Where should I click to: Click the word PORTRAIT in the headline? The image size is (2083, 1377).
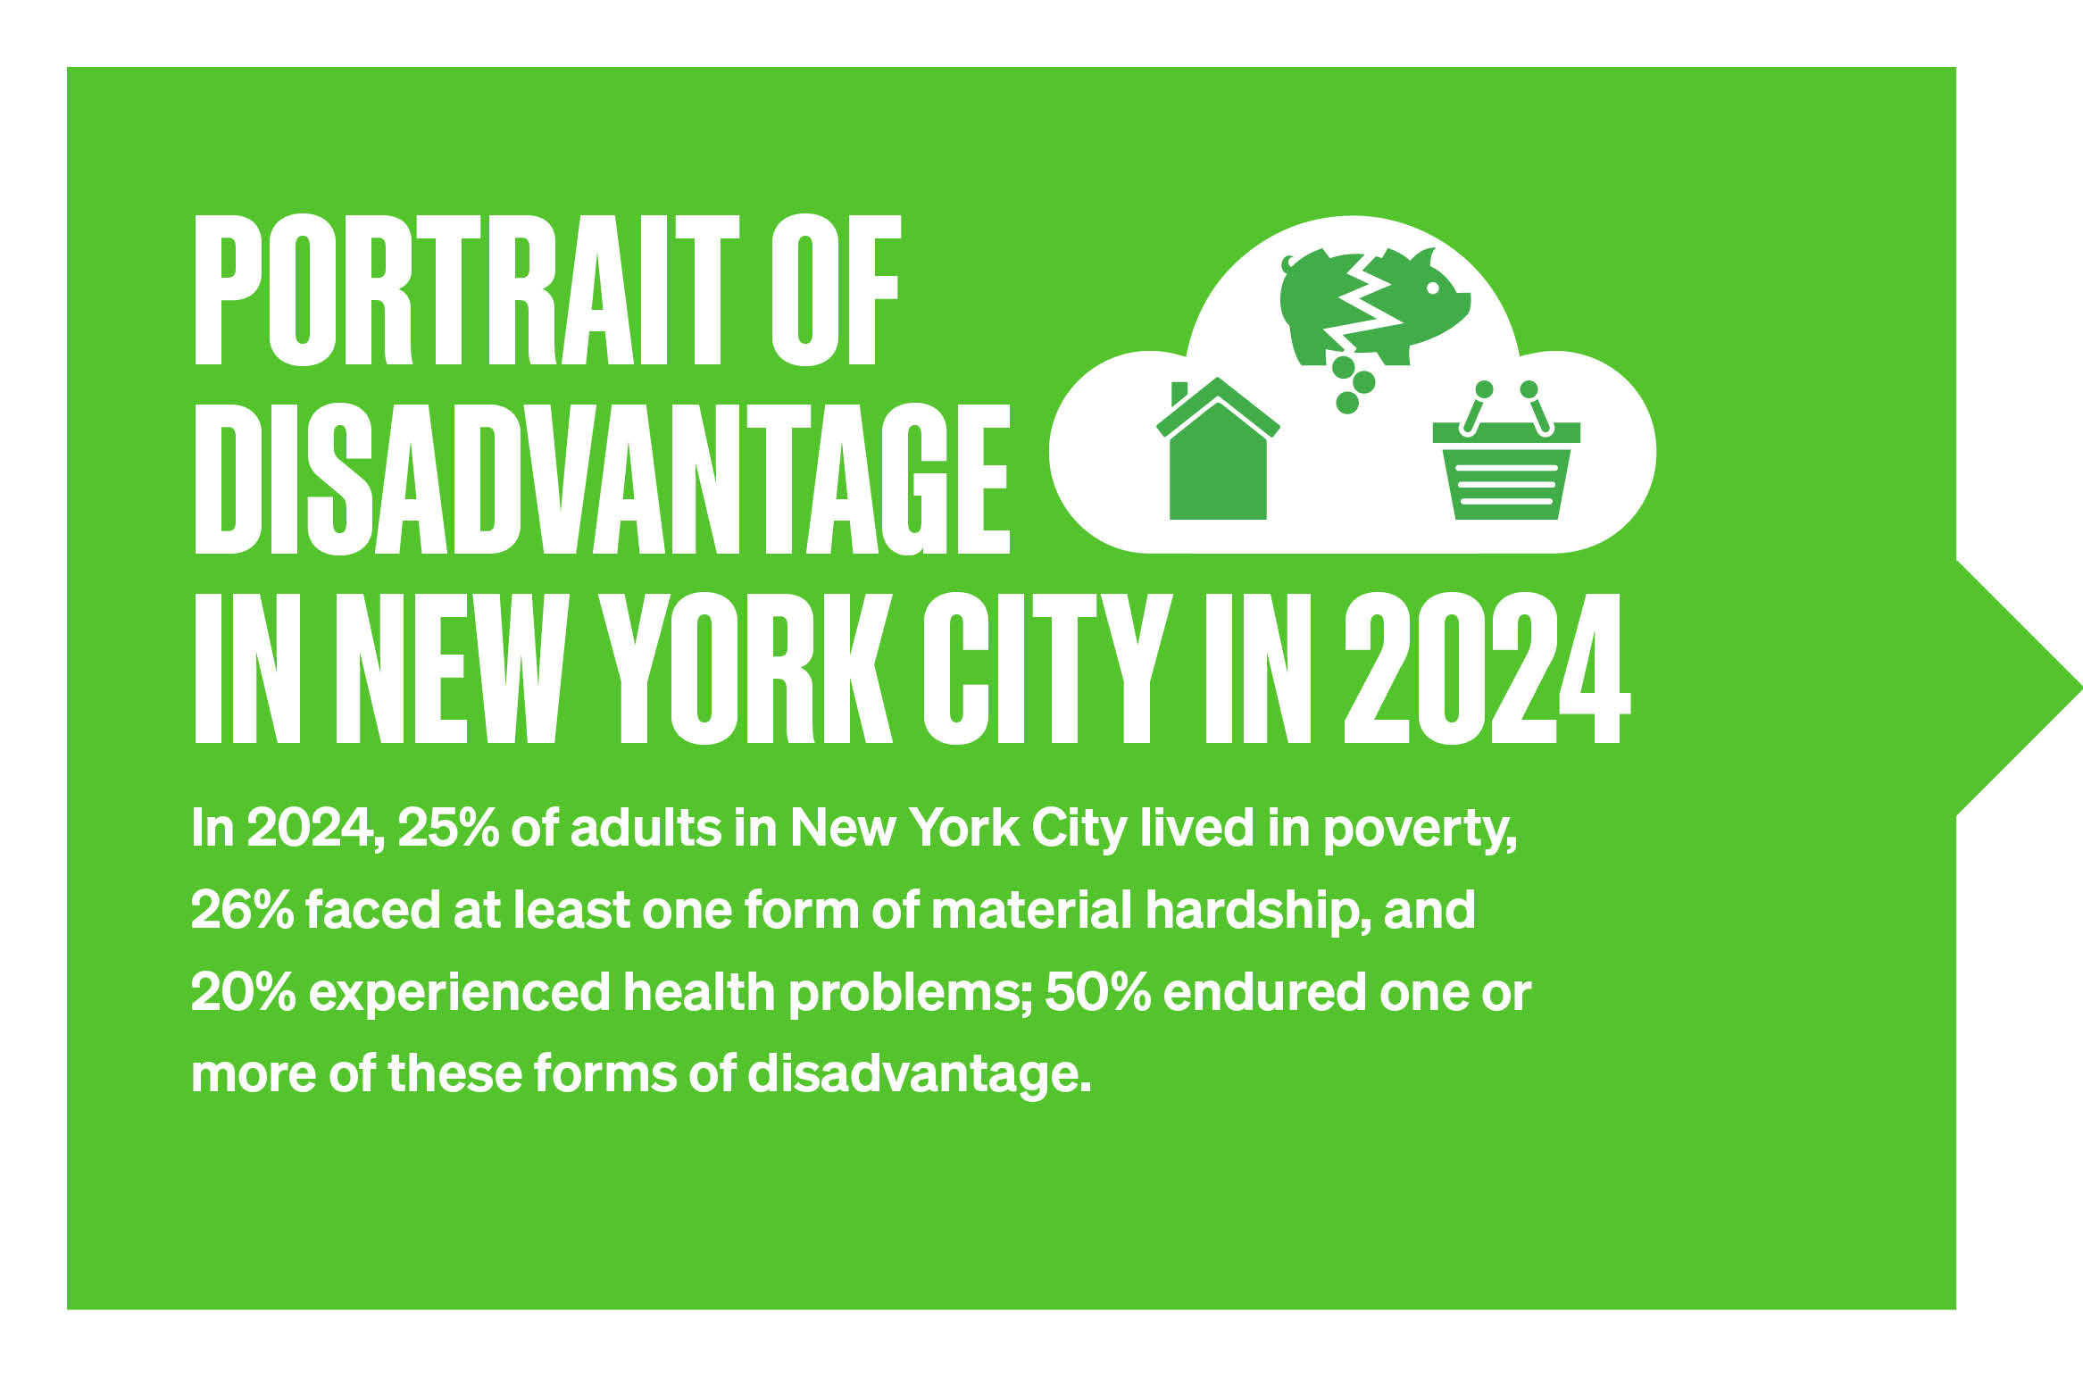tap(467, 290)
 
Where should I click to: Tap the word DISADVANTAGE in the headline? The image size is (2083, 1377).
tap(603, 479)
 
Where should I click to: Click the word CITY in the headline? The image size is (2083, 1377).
tap(1048, 667)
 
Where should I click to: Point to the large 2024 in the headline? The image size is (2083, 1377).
tap(1487, 667)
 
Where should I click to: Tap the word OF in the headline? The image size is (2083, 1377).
tap(837, 290)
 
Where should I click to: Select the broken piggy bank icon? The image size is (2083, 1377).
tap(1374, 305)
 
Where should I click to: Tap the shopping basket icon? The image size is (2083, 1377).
tap(1506, 451)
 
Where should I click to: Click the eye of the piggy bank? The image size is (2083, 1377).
tap(1432, 288)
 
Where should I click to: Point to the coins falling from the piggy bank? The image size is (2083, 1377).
tap(1352, 385)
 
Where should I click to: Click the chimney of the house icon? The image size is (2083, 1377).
tap(1179, 394)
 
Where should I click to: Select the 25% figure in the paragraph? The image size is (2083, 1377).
tap(447, 829)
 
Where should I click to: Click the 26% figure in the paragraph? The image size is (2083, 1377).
tap(242, 910)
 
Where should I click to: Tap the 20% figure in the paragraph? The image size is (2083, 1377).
tap(243, 992)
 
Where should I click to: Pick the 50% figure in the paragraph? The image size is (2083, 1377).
tap(1097, 992)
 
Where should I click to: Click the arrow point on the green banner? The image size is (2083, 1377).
tap(2080, 688)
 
